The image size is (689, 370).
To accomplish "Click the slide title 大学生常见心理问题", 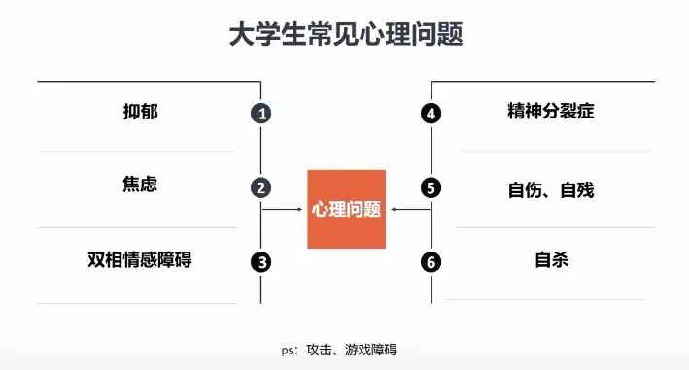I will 344,35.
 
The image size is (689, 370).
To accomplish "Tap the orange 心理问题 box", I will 346,209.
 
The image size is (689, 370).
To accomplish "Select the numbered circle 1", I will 260,114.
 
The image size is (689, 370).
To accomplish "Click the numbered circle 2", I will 260,188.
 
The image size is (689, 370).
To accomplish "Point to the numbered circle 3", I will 260,261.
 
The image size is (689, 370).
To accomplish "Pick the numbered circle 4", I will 431,114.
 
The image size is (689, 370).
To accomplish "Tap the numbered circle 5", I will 431,188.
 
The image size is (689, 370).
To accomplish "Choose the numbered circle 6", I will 431,261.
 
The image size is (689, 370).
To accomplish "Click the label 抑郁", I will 140,112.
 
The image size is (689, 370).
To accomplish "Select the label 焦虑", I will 140,184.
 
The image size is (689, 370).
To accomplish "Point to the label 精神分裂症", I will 550,112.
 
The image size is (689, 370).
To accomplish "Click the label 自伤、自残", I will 550,188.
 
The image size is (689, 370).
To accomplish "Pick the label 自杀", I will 550,259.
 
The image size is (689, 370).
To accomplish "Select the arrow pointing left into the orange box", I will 408,209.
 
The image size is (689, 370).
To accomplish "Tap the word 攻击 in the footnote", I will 319,350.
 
